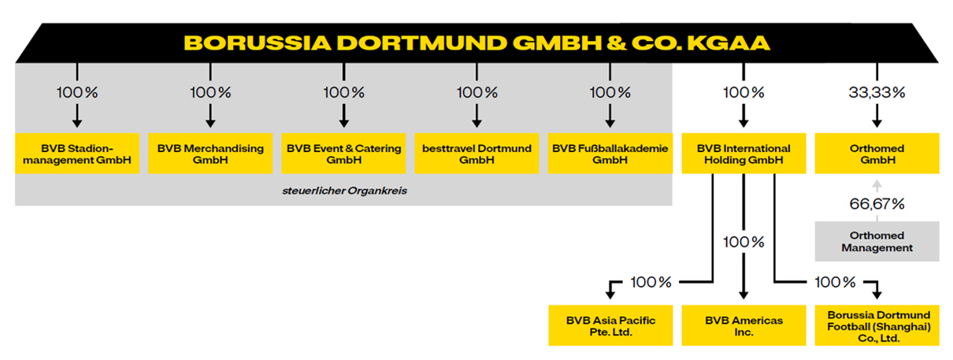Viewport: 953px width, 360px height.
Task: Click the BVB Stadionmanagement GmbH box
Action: point(77,154)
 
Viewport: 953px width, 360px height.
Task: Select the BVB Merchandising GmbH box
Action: point(210,154)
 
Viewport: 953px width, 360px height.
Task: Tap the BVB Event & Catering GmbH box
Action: point(343,154)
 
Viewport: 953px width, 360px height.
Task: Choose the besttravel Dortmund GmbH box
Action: point(476,154)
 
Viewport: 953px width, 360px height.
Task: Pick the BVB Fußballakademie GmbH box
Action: point(610,154)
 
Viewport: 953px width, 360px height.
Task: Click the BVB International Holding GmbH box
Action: point(743,154)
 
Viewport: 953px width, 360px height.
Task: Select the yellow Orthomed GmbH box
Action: point(877,154)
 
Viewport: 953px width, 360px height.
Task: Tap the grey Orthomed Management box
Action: point(877,241)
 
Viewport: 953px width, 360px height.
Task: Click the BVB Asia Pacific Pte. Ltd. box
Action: point(610,325)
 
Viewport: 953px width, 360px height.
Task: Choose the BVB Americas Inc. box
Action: point(743,325)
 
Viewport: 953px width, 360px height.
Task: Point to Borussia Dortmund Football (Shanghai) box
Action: point(877,325)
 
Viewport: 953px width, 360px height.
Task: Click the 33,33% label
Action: point(877,92)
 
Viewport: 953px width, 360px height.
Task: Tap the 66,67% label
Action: point(877,204)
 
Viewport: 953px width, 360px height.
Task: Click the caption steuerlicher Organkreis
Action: point(345,191)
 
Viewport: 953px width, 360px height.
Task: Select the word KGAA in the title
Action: point(729,43)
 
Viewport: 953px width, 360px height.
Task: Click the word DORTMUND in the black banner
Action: point(421,43)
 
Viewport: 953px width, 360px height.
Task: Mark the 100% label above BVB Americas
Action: point(743,242)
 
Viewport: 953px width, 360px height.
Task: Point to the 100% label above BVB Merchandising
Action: point(210,92)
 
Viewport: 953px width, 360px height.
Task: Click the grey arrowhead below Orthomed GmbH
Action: point(877,184)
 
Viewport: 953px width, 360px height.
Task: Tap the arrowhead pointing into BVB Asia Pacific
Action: point(610,295)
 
